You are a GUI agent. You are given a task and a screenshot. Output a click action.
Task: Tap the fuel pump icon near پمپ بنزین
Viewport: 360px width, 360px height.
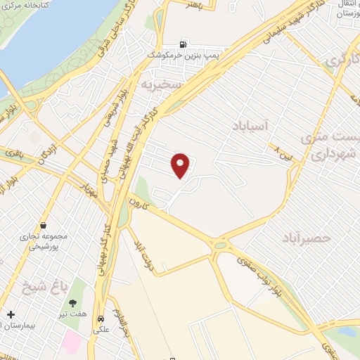tap(184, 42)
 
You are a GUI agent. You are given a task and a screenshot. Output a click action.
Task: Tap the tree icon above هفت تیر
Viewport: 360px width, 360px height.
tap(73, 304)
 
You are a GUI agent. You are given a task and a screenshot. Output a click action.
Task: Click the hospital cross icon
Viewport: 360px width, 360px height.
tap(10, 314)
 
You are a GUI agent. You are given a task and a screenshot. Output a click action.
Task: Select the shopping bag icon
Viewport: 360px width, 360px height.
tap(44, 226)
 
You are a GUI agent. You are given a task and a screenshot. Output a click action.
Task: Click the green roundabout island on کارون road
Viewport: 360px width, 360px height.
tap(222, 245)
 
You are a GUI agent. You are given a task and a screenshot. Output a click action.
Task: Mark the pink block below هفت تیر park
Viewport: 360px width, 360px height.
tap(72, 342)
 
